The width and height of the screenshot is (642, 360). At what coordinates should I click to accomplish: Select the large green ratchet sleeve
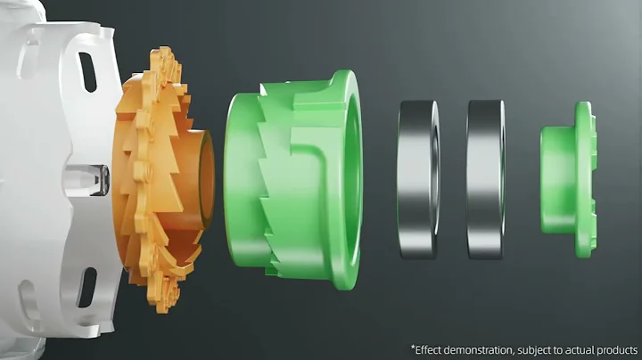coord(292,180)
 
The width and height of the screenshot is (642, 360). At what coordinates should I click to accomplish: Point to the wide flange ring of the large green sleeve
coord(346,180)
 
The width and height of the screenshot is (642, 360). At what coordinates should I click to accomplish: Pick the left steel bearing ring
coord(417,180)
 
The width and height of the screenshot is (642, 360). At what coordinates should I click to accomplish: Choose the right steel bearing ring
coord(486,180)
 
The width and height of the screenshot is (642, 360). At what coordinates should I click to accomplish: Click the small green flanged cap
coord(568,180)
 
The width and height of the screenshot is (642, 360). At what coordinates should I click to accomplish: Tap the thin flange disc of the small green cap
coord(586,180)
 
